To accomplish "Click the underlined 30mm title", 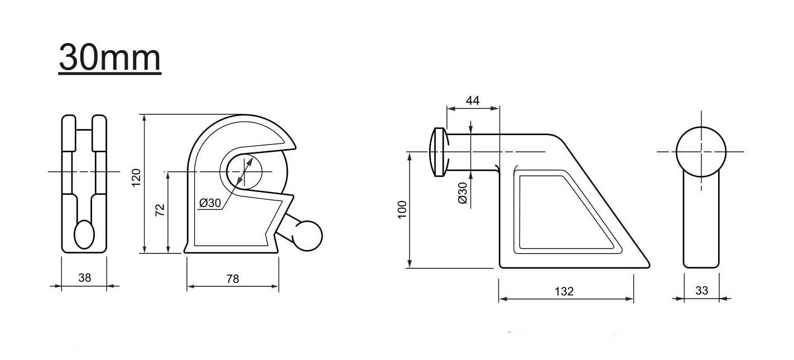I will (110, 58).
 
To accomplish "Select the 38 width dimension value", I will (84, 277).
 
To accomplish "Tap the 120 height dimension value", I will (137, 177).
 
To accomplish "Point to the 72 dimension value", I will (160, 209).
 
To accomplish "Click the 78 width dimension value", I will (233, 278).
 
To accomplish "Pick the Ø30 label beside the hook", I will (210, 203).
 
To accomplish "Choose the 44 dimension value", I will (473, 100).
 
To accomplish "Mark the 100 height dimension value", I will (402, 209).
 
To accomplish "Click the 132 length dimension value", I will (565, 291).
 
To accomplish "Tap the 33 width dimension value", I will (701, 290).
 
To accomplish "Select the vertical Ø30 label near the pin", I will (462, 193).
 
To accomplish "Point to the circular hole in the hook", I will (244, 170).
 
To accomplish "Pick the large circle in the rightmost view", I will (701, 151).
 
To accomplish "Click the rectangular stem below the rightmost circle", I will (701, 220).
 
